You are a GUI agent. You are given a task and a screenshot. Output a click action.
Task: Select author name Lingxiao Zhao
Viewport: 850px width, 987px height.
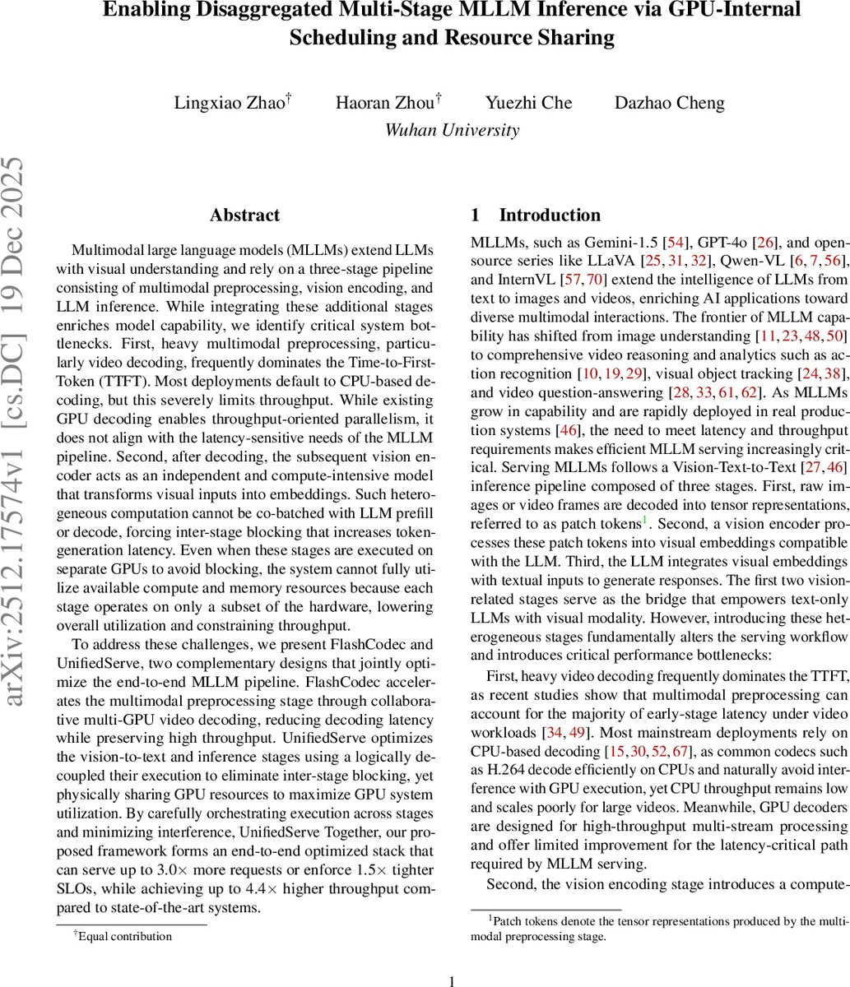coord(228,103)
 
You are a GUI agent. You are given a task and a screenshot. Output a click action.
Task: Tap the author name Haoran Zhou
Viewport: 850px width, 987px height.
coord(384,103)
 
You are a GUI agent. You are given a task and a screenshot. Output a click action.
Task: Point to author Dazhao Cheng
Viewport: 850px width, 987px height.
coord(670,103)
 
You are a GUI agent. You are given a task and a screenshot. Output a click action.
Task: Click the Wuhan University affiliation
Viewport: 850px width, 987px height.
coord(452,130)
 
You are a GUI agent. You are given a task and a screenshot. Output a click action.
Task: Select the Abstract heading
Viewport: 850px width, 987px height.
coord(244,215)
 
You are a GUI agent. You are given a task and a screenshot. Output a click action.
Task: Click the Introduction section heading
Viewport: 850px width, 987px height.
coord(550,215)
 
